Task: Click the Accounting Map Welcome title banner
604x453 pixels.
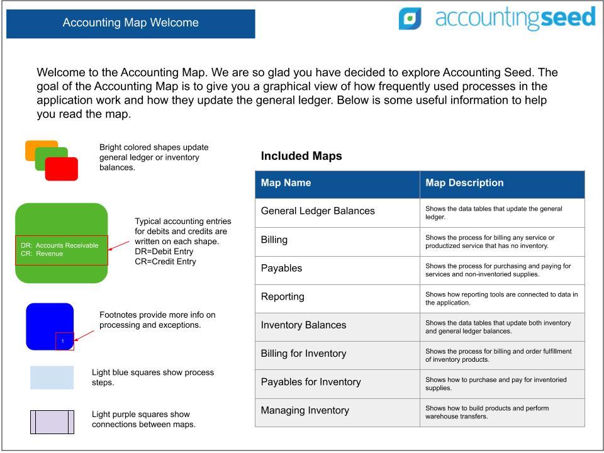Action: (130, 23)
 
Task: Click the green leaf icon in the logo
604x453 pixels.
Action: (410, 19)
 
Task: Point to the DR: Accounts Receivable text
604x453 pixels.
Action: (59, 245)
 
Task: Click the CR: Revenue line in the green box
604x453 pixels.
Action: (42, 254)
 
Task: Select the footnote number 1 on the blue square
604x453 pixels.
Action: (63, 341)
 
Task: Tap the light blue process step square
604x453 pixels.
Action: (52, 377)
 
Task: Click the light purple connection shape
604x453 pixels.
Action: (52, 422)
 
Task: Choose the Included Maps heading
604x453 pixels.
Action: (301, 156)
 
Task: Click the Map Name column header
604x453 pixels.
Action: (286, 183)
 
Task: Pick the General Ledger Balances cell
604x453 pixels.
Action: (318, 211)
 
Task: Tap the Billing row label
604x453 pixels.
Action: (274, 240)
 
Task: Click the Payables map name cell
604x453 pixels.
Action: (281, 268)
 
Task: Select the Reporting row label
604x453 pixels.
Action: (282, 296)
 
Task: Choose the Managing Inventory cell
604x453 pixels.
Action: (305, 410)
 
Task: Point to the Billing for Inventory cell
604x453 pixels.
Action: (303, 354)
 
